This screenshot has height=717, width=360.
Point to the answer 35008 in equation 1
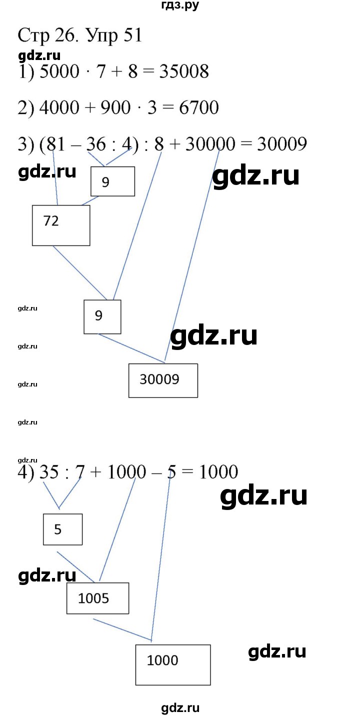click(x=184, y=71)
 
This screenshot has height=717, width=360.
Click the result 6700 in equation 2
click(x=198, y=107)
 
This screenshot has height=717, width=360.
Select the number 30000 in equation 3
click(x=210, y=144)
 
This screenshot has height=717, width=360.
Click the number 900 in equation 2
click(x=115, y=107)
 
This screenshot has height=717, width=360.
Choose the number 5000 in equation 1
click(x=59, y=71)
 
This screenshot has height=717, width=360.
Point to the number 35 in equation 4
click(x=49, y=472)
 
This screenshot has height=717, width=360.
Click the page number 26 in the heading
click(x=64, y=35)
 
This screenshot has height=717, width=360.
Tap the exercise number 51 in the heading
click(x=132, y=35)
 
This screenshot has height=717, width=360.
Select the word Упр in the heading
click(x=102, y=36)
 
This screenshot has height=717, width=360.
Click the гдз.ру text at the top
click(x=180, y=5)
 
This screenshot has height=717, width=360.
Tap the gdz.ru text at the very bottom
click(x=180, y=708)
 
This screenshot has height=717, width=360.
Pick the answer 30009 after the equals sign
click(x=282, y=144)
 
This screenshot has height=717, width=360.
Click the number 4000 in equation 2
click(x=59, y=107)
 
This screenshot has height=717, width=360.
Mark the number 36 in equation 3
click(x=96, y=144)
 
